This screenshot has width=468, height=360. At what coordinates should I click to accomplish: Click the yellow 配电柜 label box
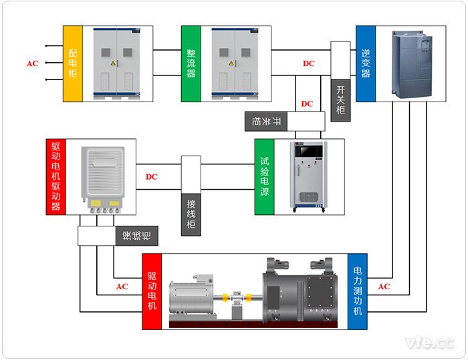73,63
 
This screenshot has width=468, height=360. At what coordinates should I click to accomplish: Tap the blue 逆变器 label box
365,63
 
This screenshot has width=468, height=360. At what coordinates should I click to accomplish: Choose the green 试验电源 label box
265,176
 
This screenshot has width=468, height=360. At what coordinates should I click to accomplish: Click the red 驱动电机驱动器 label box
55,176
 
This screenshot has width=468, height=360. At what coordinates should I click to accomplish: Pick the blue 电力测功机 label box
358,291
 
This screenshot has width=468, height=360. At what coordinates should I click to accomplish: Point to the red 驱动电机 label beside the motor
152,291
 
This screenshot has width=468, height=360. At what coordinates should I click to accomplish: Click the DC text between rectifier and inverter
308,64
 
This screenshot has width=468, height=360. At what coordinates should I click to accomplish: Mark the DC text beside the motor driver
152,177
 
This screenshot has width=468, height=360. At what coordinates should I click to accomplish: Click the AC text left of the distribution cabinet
32,64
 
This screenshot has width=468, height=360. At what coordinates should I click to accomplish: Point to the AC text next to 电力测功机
384,287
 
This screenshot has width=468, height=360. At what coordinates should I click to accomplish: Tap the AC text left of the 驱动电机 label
122,287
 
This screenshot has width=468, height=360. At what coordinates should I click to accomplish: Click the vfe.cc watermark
430,343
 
